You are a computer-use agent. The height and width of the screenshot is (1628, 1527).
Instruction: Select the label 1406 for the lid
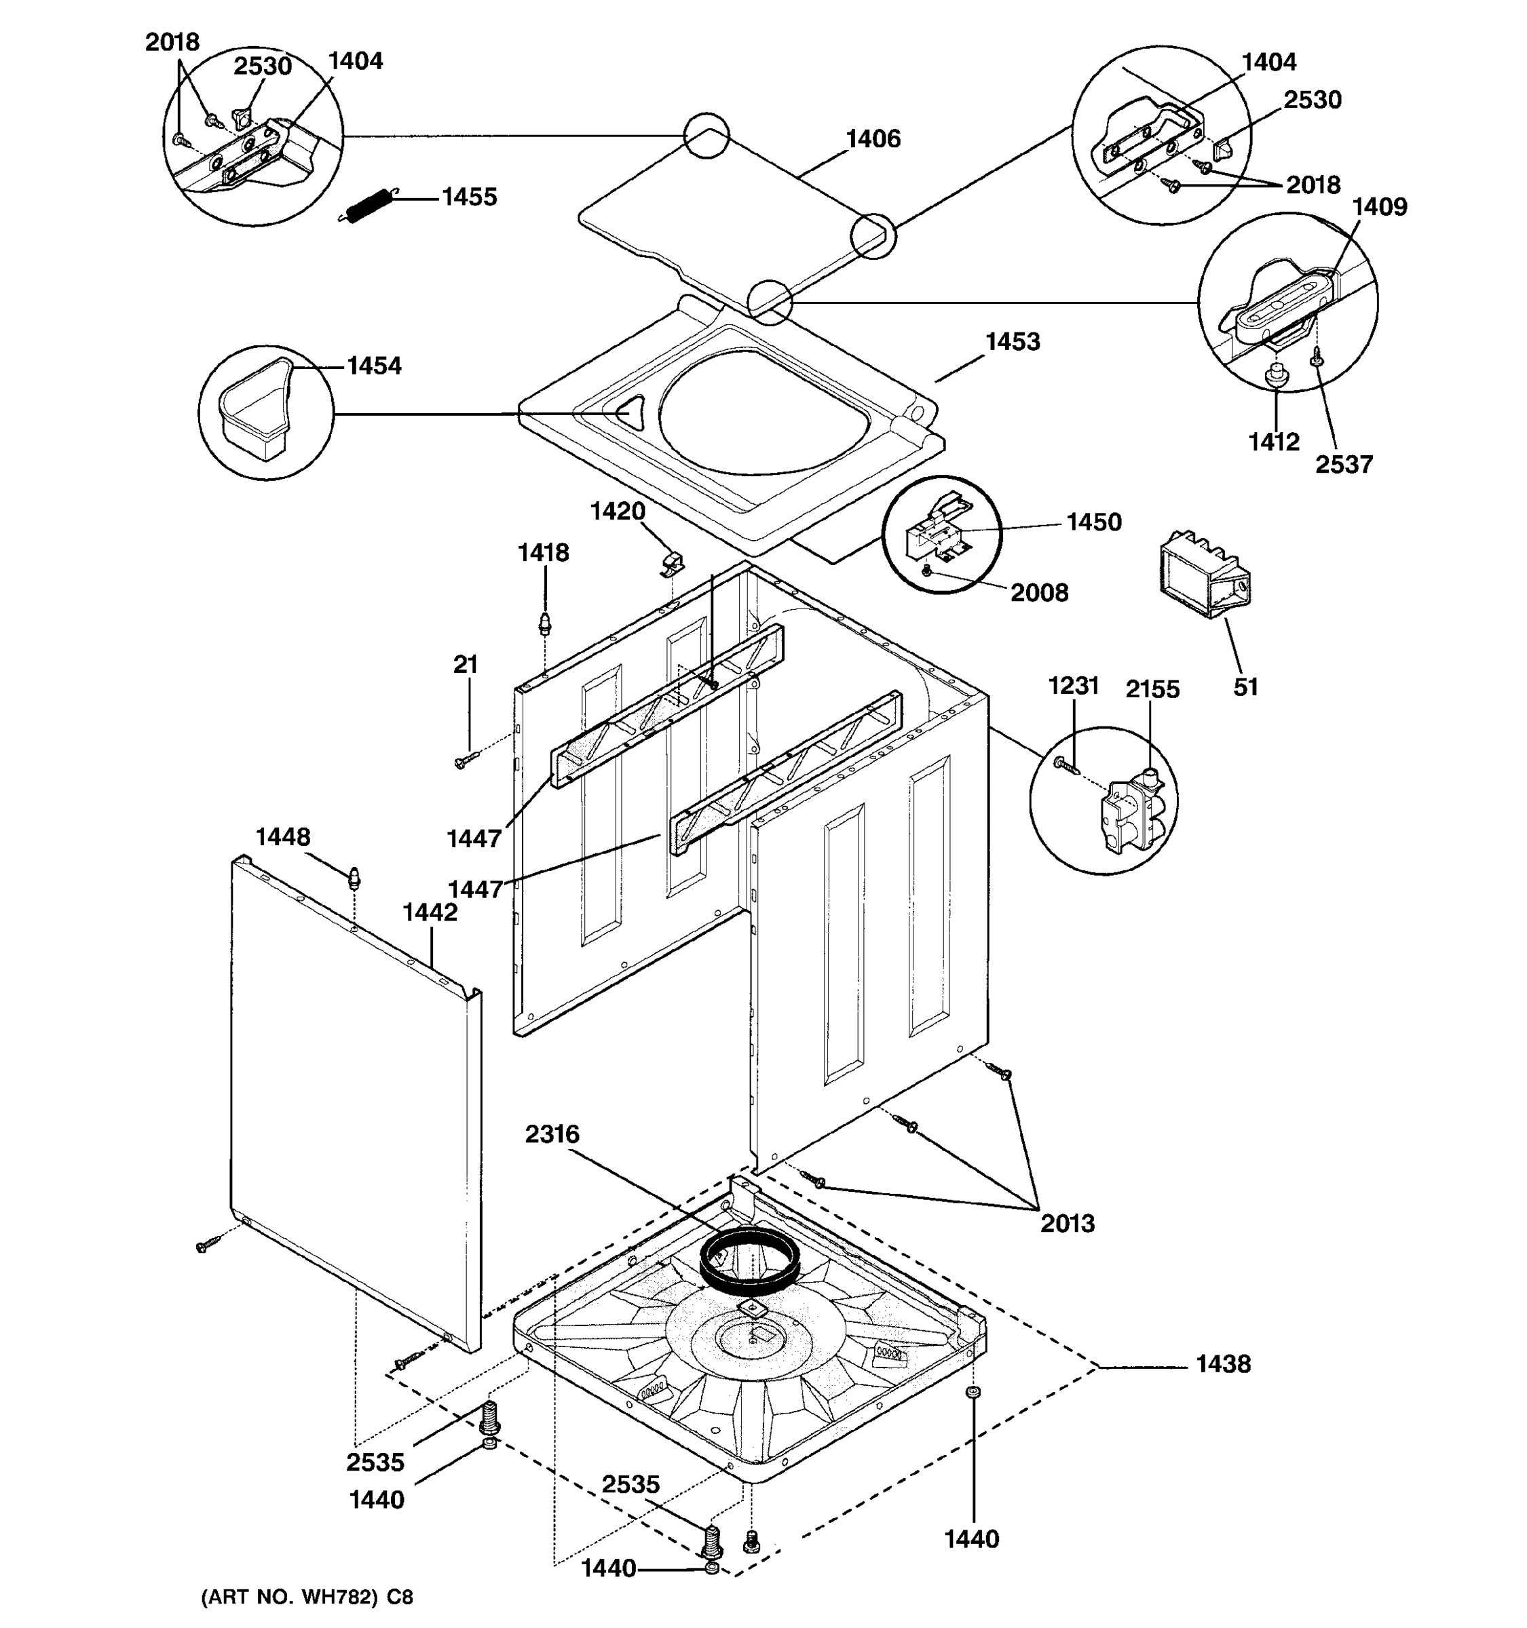(873, 139)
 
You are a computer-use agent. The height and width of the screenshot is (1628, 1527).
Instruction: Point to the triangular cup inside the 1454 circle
(254, 408)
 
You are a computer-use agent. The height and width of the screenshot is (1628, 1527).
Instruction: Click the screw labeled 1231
(1064, 766)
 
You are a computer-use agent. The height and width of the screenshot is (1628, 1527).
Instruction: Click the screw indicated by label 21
(463, 762)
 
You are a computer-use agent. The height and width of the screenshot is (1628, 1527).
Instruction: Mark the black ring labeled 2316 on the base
(749, 1263)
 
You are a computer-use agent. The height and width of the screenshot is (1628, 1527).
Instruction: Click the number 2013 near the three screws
(1067, 1224)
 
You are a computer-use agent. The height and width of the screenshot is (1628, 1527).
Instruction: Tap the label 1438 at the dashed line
(1222, 1364)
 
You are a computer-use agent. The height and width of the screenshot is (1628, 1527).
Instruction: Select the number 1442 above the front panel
(430, 912)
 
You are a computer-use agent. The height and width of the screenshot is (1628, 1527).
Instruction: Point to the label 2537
(1344, 465)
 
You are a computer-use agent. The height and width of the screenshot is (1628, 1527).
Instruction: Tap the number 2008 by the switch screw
(1039, 593)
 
